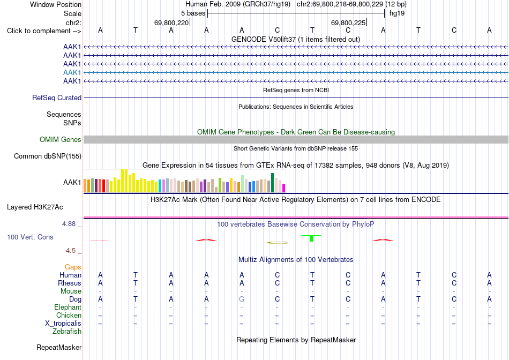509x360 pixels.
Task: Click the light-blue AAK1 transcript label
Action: coord(72,72)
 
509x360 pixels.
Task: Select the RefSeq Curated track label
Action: coord(57,97)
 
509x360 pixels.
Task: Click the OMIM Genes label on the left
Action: coord(61,140)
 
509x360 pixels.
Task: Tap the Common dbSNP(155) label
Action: coord(48,156)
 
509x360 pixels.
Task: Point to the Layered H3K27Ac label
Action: coord(35,207)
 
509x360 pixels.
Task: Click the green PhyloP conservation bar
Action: coord(311,238)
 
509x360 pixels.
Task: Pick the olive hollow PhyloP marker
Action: coord(278,243)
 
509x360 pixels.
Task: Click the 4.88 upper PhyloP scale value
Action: coord(69,224)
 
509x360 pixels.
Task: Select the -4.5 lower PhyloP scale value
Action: coord(70,251)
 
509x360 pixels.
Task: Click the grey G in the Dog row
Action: coord(242,299)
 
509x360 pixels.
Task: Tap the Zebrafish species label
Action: coord(67,332)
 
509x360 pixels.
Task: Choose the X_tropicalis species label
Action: coord(63,324)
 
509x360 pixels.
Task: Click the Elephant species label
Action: coord(68,307)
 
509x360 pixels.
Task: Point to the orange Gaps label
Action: coord(73,267)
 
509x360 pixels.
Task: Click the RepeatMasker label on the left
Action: coord(59,347)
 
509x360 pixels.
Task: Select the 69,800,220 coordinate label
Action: coord(171,22)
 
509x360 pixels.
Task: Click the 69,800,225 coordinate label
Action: coord(348,22)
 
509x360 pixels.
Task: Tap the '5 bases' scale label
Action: coord(193,13)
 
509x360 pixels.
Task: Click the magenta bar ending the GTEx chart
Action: coord(284,188)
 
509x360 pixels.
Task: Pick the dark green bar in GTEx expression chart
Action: coord(273,183)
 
